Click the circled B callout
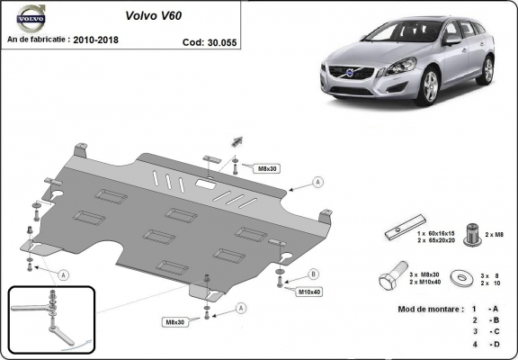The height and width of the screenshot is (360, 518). click(314, 274)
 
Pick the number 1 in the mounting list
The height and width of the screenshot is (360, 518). click(474, 309)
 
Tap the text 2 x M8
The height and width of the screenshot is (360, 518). click(496, 234)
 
